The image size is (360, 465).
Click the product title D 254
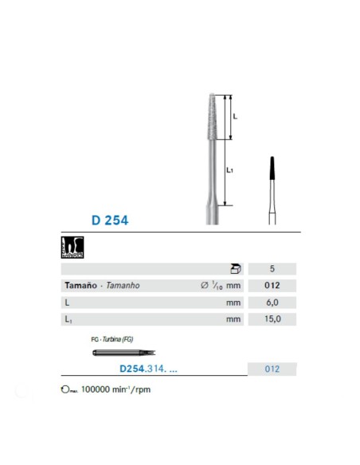[109, 220]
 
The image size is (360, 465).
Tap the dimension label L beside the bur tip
[235, 116]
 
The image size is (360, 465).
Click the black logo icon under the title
[72, 248]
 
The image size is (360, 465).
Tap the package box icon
[235, 269]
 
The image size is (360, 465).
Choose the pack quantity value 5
[272, 269]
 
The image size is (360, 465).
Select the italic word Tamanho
[120, 286]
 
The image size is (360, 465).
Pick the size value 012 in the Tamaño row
[272, 286]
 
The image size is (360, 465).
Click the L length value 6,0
[272, 303]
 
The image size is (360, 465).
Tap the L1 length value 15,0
[272, 319]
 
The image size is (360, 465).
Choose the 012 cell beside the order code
[272, 369]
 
